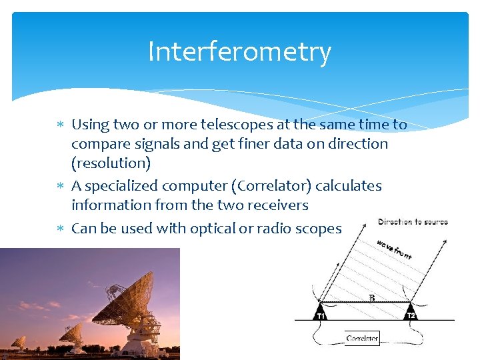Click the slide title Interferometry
(x=239, y=52)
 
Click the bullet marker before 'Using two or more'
(x=59, y=125)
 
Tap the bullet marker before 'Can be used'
(x=59, y=229)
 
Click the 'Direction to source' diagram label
(x=413, y=222)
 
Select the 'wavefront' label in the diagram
(x=394, y=249)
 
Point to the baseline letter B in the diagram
(x=371, y=298)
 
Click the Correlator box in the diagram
(x=362, y=338)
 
